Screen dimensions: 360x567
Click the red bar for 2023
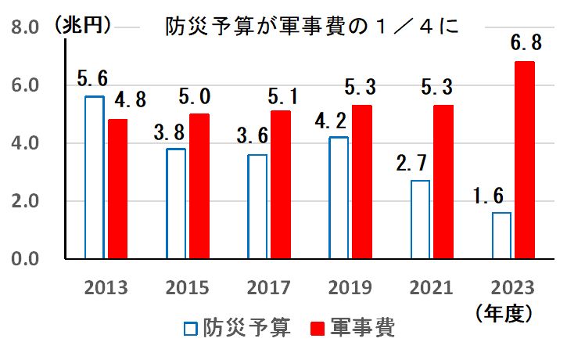(525, 160)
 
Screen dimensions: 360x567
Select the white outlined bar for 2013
(95, 178)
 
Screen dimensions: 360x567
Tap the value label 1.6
(492, 196)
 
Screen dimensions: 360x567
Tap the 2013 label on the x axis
(106, 287)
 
